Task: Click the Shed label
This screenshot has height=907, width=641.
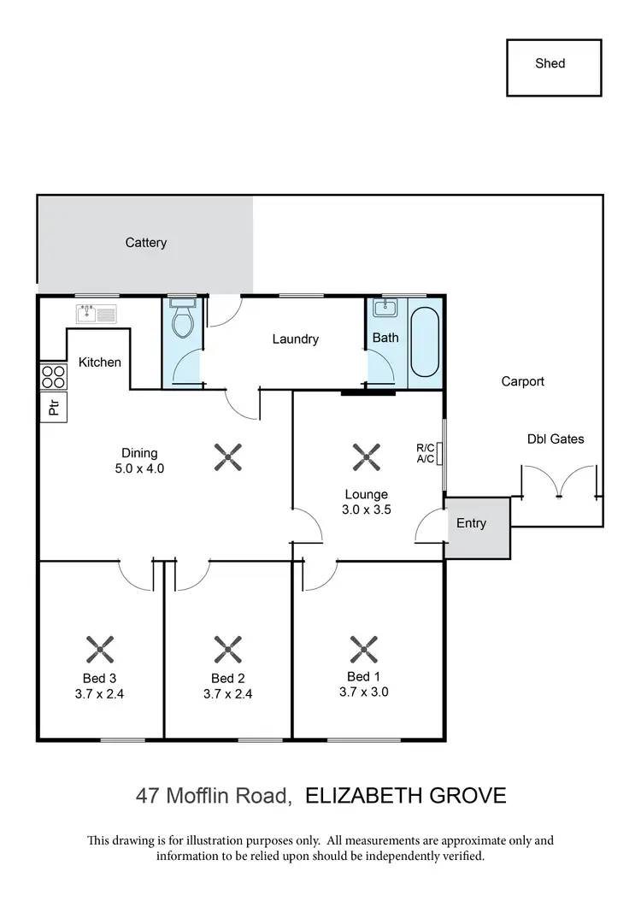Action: (x=550, y=63)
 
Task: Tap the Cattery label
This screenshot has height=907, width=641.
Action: (x=146, y=243)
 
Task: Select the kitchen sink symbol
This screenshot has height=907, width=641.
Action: (x=96, y=315)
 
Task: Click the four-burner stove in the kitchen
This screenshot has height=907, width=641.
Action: (x=53, y=377)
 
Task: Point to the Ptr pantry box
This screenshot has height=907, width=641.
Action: (x=53, y=408)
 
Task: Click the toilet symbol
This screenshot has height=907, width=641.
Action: (x=181, y=320)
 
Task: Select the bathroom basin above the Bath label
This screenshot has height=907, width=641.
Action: (x=386, y=308)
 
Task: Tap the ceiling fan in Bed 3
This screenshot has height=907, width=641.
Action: (x=99, y=650)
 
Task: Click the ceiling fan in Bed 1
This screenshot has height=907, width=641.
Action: (x=363, y=650)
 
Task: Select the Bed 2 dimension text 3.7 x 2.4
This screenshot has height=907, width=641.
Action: (x=227, y=694)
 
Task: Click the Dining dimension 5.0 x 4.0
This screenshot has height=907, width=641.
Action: (x=138, y=468)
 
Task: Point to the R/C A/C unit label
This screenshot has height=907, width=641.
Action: (x=425, y=453)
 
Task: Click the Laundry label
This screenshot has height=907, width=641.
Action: (x=295, y=339)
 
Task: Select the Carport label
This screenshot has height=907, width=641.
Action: (x=522, y=382)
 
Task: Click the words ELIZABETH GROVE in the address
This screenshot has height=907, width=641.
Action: (x=405, y=796)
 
